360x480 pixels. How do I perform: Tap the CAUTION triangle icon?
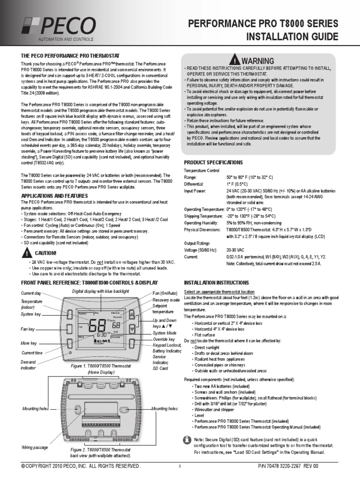(x=26, y=253)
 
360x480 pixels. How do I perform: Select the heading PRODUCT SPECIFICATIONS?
(x=213, y=162)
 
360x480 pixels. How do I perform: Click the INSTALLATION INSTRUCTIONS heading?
(x=216, y=283)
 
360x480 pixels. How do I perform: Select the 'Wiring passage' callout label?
(x=35, y=448)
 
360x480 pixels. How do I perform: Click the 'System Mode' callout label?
(x=165, y=333)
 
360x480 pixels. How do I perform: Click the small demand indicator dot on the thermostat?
(x=70, y=352)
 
